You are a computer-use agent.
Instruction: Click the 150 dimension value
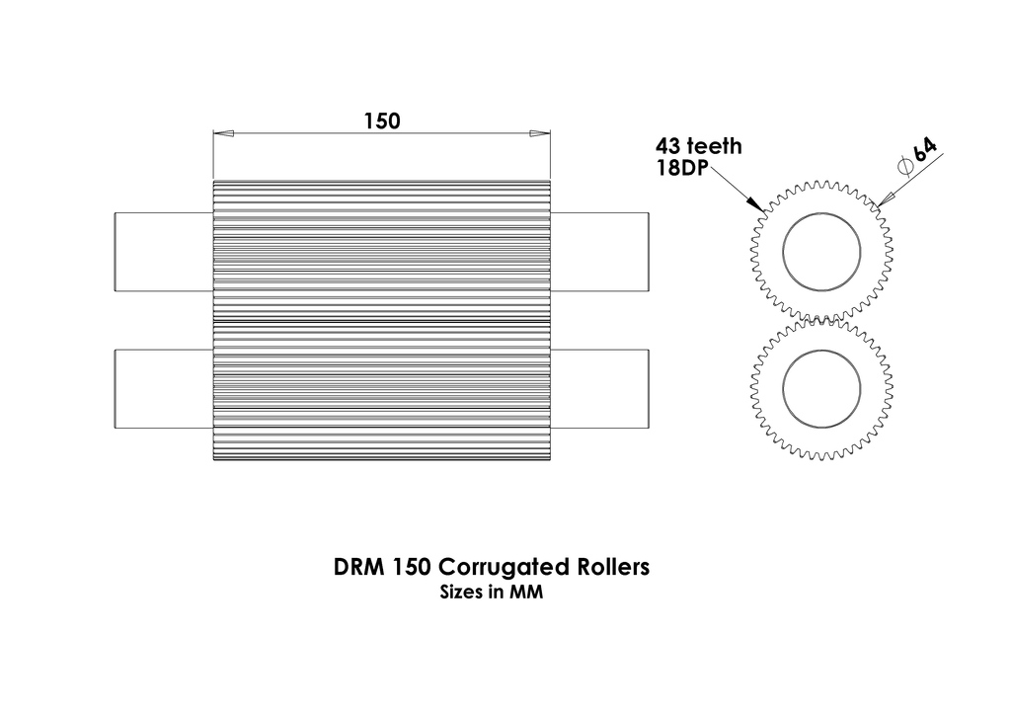point(381,121)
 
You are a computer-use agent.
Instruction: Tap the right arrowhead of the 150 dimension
point(540,133)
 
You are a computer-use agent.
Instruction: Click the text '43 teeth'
point(698,147)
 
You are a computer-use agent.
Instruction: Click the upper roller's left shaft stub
point(164,252)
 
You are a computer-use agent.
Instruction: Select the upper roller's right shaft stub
point(599,252)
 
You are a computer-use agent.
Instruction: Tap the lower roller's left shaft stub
point(164,389)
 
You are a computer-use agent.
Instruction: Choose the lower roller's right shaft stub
point(599,389)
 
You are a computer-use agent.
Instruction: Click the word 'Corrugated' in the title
point(503,569)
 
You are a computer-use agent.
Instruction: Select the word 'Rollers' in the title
point(611,568)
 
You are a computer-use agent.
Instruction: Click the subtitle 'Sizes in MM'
point(492,594)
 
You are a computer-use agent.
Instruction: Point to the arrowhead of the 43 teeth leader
point(759,206)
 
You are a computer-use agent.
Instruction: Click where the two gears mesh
point(822,321)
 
